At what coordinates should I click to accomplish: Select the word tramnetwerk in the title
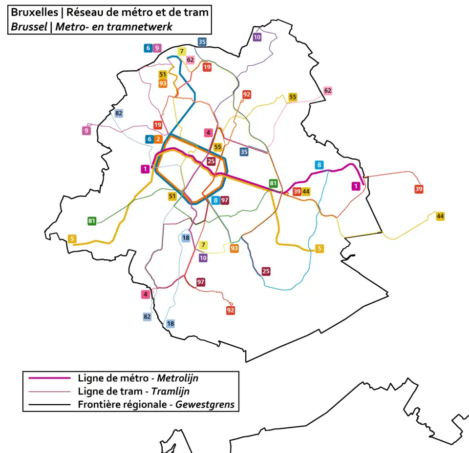[145, 27]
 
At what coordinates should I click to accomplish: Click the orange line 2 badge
[158, 139]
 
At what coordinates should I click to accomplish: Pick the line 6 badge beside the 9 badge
[148, 48]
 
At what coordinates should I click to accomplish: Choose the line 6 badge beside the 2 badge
[149, 139]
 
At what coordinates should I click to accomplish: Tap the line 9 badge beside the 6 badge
[156, 48]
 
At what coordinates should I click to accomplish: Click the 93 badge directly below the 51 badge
[163, 83]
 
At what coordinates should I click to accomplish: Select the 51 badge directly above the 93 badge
[163, 75]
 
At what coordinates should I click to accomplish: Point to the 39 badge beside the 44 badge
[297, 191]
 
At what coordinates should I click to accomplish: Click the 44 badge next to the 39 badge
[306, 191]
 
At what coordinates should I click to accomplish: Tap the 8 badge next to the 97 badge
[215, 200]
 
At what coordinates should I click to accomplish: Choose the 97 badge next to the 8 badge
[225, 200]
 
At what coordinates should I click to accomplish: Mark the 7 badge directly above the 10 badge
[203, 245]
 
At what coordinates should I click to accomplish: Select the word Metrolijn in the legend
[177, 378]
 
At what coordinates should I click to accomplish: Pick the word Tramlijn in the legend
[171, 391]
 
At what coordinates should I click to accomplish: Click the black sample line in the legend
[49, 404]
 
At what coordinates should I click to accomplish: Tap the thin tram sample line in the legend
[49, 391]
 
